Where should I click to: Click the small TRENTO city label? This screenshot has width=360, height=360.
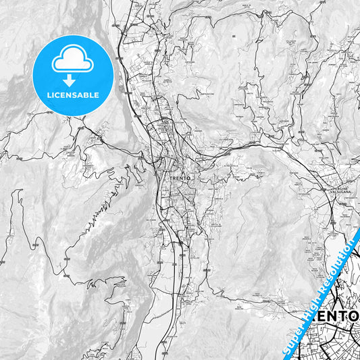point(178,177)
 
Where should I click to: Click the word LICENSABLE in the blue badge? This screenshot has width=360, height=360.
point(73,95)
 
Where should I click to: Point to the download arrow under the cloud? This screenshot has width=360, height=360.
point(73,80)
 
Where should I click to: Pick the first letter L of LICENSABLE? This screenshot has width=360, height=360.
point(49,95)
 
